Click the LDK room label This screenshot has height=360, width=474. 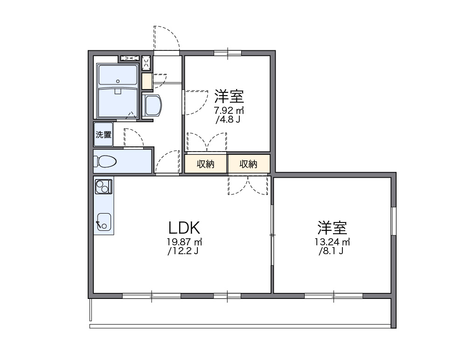(x=184, y=228)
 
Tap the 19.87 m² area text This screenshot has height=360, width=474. (x=184, y=242)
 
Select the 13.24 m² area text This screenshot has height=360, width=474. (x=333, y=242)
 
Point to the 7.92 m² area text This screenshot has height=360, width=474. (x=229, y=111)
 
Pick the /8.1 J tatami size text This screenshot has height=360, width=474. (x=332, y=252)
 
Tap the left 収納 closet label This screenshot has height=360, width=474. (x=205, y=164)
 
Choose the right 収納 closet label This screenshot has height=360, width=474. (x=248, y=164)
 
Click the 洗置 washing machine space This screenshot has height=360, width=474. (x=104, y=135)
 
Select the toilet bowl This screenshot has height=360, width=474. (x=106, y=161)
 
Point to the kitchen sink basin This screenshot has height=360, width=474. (x=104, y=222)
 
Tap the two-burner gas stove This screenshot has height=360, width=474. (x=103, y=187)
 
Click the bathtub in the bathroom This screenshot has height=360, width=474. (x=118, y=102)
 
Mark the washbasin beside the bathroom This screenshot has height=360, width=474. (x=153, y=106)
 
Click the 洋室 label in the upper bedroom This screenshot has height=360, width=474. (x=229, y=97)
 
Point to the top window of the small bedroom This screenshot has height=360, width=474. (x=228, y=53)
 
